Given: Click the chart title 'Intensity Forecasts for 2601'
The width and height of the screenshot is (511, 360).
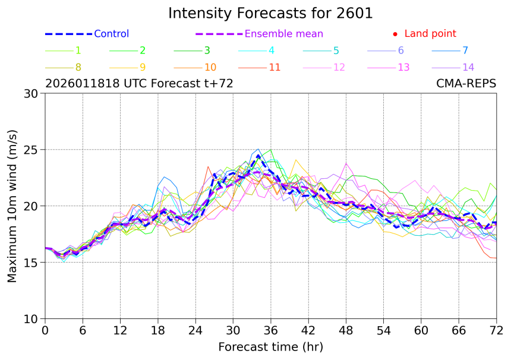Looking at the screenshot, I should [270, 13].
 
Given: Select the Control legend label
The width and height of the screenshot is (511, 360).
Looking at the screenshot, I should [111, 34].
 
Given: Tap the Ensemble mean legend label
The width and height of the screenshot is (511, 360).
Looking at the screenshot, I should [284, 34].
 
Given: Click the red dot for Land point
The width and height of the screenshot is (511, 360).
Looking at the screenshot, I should [395, 34].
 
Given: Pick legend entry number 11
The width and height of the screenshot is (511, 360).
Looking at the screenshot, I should [275, 67].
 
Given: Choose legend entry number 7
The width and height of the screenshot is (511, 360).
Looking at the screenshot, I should [465, 50].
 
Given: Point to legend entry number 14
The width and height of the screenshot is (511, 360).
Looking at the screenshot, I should [468, 67].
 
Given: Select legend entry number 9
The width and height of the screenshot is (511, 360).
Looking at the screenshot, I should [143, 67].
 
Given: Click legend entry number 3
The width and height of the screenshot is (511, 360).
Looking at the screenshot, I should [207, 50].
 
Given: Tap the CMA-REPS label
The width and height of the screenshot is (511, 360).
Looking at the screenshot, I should [466, 84].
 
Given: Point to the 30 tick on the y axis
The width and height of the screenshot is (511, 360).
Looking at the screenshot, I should [31, 93].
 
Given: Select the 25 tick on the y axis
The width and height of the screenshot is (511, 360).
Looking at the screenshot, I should [31, 150].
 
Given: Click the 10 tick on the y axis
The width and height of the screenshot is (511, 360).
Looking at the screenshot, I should [31, 319].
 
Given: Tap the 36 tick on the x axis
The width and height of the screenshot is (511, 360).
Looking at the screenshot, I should [271, 330].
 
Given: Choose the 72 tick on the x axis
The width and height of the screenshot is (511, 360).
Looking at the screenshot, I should [497, 330].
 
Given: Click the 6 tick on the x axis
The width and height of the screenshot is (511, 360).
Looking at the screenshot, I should [83, 330].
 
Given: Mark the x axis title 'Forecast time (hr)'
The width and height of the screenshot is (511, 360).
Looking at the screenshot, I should [270, 346].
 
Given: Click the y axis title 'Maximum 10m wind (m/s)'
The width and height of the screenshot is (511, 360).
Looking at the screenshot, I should [12, 206].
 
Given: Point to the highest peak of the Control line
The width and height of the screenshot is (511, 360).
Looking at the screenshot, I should [258, 156].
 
